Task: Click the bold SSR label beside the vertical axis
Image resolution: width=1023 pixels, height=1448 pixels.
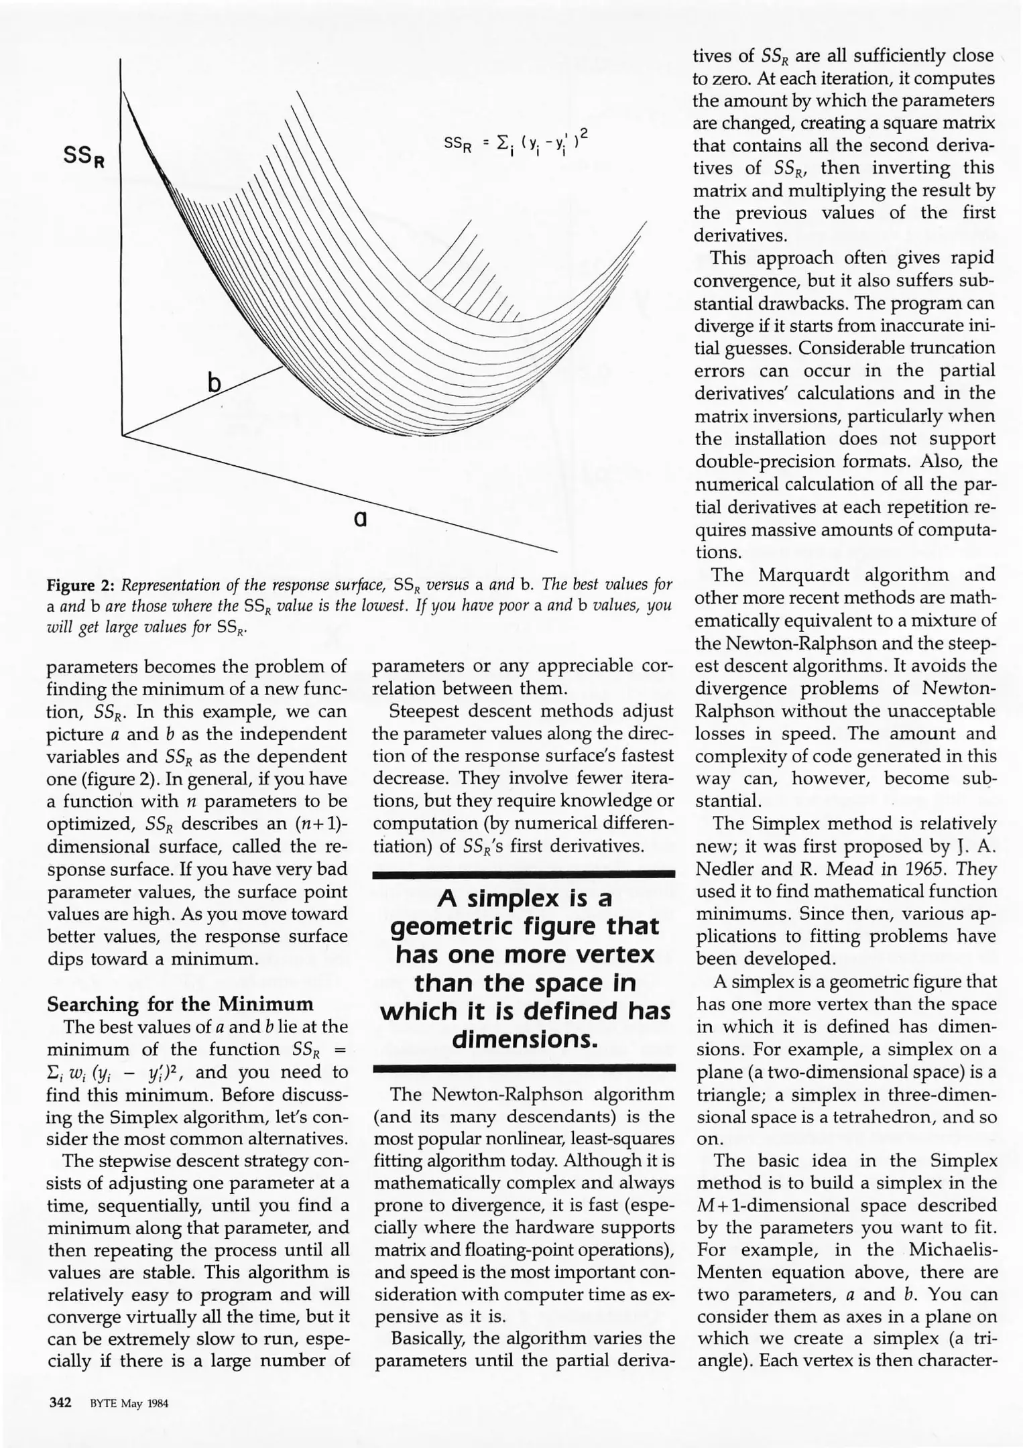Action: [x=83, y=158]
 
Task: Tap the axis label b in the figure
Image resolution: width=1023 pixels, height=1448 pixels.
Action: [x=214, y=383]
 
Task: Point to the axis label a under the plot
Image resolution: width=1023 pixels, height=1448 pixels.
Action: [x=360, y=519]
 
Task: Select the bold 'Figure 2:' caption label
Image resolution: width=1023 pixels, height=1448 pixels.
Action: [x=80, y=585]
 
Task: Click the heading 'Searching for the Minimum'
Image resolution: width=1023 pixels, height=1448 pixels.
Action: [x=180, y=1004]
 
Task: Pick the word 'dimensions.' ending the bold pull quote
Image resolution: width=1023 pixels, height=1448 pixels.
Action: [x=524, y=1039]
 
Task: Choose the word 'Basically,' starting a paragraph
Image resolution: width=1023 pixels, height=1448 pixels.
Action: [x=429, y=1319]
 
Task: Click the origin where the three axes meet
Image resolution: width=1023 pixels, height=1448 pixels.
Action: [x=123, y=436]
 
